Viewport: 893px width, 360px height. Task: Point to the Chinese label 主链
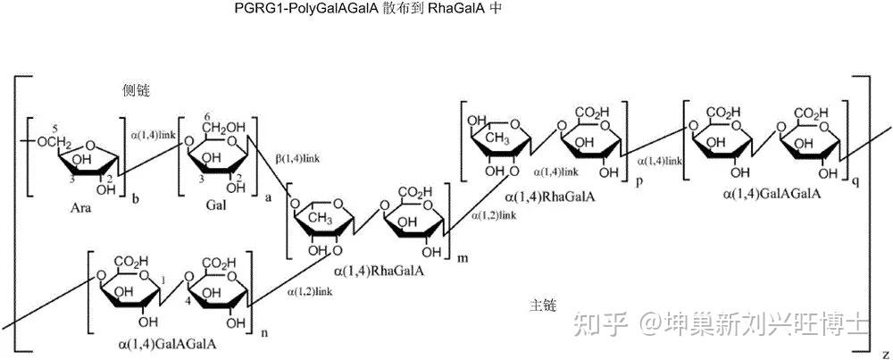544,306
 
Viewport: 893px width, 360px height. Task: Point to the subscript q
855,180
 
